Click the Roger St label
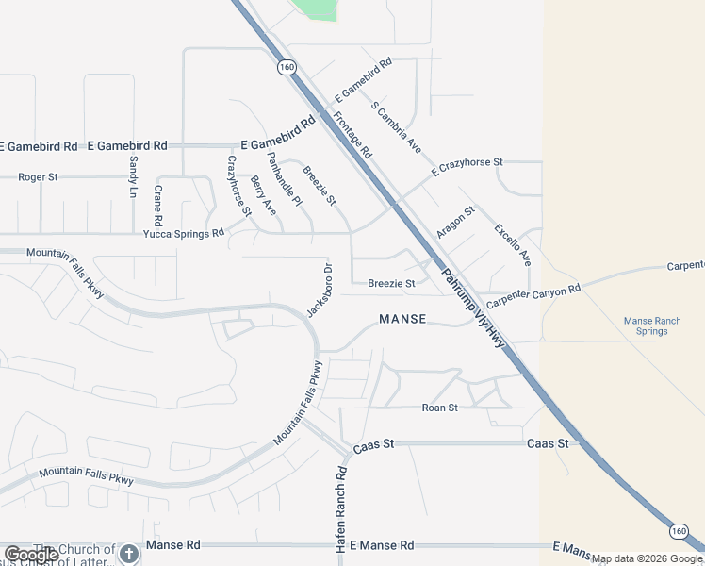pyautogui.click(x=38, y=176)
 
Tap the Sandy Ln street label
pyautogui.click(x=133, y=176)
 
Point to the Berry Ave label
pyautogui.click(x=263, y=194)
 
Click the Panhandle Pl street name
pyautogui.click(x=284, y=178)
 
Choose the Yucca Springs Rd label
pyautogui.click(x=184, y=233)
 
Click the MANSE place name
pyautogui.click(x=402, y=320)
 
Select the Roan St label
pyautogui.click(x=439, y=408)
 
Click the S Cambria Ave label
pyautogui.click(x=396, y=128)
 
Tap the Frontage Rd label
pyautogui.click(x=352, y=135)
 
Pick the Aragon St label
pyautogui.click(x=455, y=222)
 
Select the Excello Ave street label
pyautogui.click(x=514, y=244)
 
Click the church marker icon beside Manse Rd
pyautogui.click(x=130, y=554)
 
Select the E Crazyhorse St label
pyautogui.click(x=467, y=167)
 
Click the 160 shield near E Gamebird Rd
pyautogui.click(x=287, y=68)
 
